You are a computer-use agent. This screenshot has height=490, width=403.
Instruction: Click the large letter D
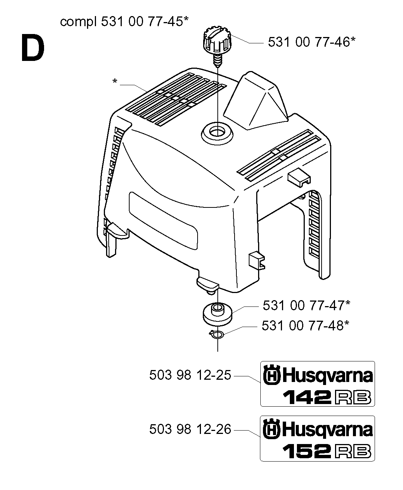tap(33, 47)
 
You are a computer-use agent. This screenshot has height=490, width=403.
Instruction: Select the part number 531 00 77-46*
tap(311, 42)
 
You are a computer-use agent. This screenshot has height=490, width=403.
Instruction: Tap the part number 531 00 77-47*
tap(306, 305)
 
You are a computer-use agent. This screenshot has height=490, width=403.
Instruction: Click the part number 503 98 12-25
tap(190, 375)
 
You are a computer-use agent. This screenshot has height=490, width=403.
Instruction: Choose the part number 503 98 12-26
tap(190, 429)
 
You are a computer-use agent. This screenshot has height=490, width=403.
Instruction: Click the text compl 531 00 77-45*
tap(124, 22)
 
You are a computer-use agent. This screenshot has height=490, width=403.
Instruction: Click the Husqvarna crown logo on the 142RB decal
tap(272, 375)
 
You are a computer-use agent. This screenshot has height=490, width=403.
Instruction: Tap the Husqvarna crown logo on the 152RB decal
tap(272, 429)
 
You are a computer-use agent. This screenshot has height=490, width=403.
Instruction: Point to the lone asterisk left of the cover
tap(115, 81)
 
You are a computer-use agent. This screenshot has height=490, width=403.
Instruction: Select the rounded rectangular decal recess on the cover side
tap(164, 221)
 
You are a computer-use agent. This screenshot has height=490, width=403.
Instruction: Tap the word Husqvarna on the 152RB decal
tap(327, 430)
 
